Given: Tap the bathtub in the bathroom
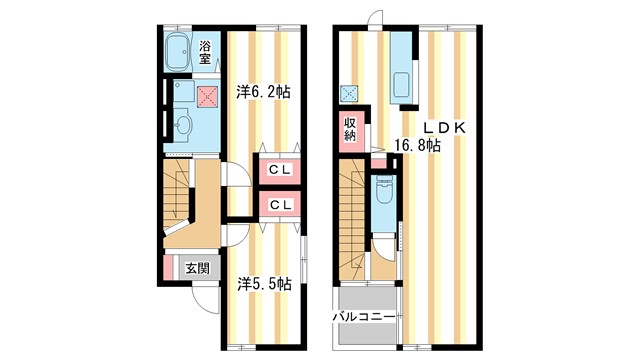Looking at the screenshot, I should point(179,50).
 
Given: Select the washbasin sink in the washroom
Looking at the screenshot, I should point(182,125).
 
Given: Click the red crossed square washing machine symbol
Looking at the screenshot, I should point(207,96).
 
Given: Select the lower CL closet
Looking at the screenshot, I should point(279,205).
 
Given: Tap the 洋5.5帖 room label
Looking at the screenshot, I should point(263,283).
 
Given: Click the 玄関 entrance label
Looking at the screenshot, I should point(197,268).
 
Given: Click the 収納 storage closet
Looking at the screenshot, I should point(350,128).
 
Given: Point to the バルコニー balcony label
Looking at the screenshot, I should point(366,318).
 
